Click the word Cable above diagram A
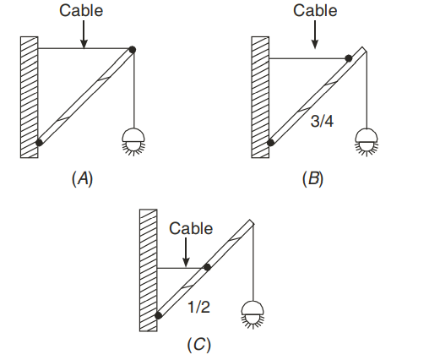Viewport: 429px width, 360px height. [81, 11]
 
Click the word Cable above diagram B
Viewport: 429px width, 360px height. [315, 11]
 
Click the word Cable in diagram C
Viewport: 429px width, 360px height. [191, 228]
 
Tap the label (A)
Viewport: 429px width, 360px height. [82, 179]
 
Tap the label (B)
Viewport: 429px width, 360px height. [312, 179]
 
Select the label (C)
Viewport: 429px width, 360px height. [199, 345]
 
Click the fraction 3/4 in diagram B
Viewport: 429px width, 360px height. [322, 122]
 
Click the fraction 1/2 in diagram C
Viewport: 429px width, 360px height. [198, 307]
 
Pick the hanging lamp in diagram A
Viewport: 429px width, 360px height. [133, 142]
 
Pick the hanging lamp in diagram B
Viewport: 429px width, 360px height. [367, 142]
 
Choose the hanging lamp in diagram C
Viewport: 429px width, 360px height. [253, 314]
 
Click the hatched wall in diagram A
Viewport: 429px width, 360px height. [30, 97]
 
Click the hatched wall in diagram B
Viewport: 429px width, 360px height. [260, 97]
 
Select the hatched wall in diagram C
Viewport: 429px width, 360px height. [149, 270]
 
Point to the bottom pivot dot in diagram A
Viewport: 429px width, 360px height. [40, 142]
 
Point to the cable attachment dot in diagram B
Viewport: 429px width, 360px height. [349, 58]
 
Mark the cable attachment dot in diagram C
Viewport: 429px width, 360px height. [208, 267]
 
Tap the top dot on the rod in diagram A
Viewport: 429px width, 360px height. [133, 50]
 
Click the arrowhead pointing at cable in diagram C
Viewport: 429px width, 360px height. [186, 263]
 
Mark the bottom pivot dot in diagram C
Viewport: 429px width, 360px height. [159, 315]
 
